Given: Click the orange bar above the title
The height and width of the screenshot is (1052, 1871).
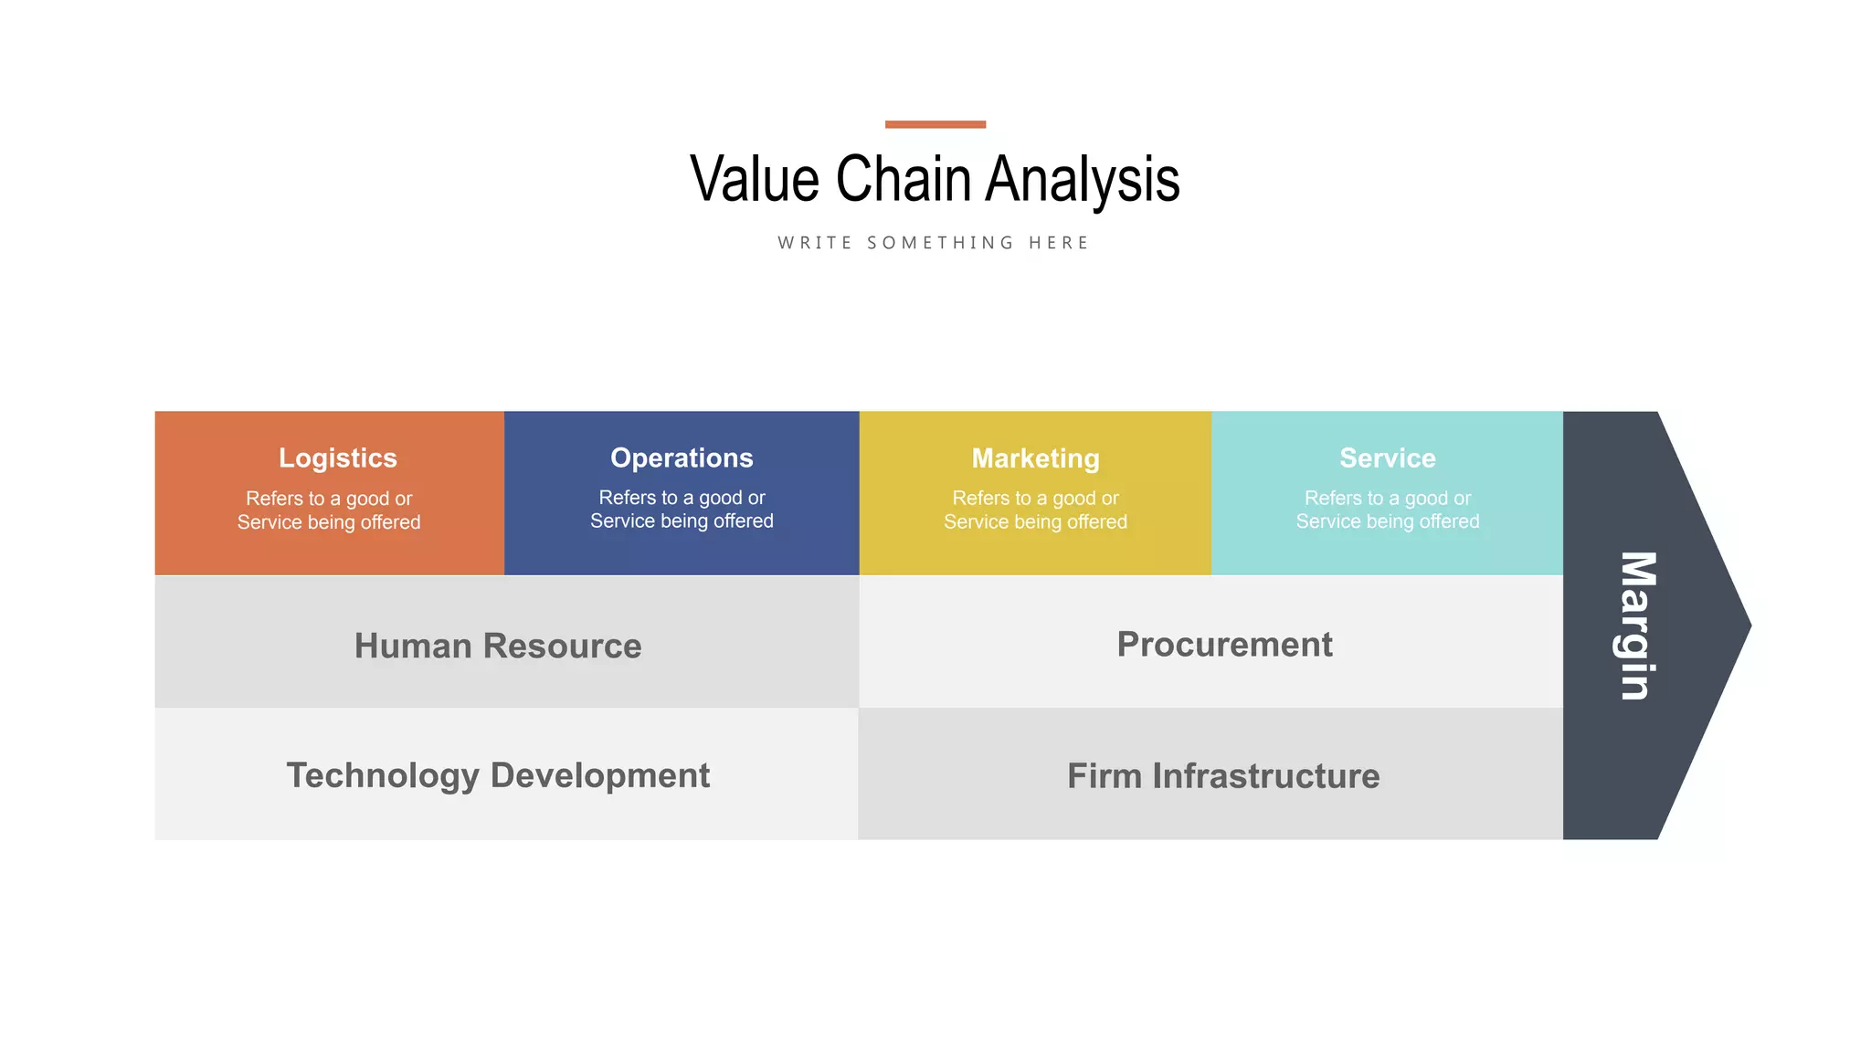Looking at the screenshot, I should tap(935, 124).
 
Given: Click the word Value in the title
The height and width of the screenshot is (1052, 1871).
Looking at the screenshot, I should tap(755, 179).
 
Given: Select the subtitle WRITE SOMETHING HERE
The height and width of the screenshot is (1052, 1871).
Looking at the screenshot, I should tap(934, 243).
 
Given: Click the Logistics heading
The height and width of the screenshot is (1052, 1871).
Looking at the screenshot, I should tap(337, 458).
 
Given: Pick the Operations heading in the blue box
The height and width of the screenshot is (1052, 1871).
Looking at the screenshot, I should tap(682, 458).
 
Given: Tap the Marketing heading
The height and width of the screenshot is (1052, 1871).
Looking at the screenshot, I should tap(1035, 458).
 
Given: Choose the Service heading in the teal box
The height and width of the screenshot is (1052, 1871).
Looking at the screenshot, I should tap(1387, 458).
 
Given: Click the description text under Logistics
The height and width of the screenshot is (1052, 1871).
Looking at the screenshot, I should tap(329, 510).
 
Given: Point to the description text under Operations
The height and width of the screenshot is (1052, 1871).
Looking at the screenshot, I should tap(682, 510).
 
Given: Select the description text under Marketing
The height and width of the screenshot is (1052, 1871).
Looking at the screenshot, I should tap(1035, 510).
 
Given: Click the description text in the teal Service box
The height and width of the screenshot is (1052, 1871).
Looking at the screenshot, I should tap(1387, 510).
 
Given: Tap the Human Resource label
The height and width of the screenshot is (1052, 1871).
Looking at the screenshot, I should tap(498, 646).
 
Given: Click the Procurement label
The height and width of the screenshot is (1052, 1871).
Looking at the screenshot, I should tap(1224, 645).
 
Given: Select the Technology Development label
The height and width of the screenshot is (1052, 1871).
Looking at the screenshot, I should tap(498, 775).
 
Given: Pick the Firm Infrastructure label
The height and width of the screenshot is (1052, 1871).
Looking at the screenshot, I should tap(1223, 776).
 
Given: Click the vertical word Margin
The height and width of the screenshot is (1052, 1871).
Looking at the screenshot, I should tap(1635, 626).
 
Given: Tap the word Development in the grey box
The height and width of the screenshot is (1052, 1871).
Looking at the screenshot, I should tap(599, 775).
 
